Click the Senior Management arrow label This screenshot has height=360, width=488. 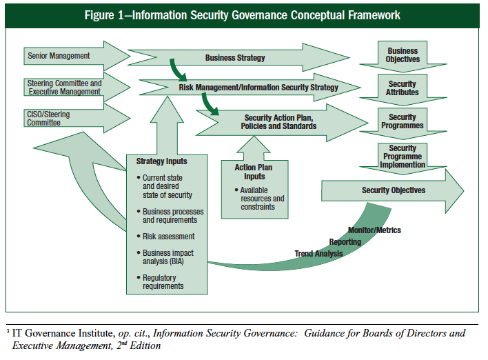click(59, 56)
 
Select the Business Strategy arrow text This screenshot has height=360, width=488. click(234, 58)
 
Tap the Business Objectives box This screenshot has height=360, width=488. click(403, 55)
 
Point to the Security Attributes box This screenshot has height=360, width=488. click(403, 88)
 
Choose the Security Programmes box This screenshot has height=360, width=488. click(403, 121)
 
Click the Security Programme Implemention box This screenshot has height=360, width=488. click(403, 156)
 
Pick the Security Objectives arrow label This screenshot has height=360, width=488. click(394, 190)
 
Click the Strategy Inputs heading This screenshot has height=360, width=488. click(161, 161)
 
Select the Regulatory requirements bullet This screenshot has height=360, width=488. click(163, 281)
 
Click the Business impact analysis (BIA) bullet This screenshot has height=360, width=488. click(167, 257)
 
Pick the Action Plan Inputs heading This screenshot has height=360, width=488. click(254, 171)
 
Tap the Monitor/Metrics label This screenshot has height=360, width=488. click(374, 230)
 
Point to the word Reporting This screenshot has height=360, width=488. click(345, 242)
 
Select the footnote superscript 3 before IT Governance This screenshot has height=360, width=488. click(8, 332)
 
